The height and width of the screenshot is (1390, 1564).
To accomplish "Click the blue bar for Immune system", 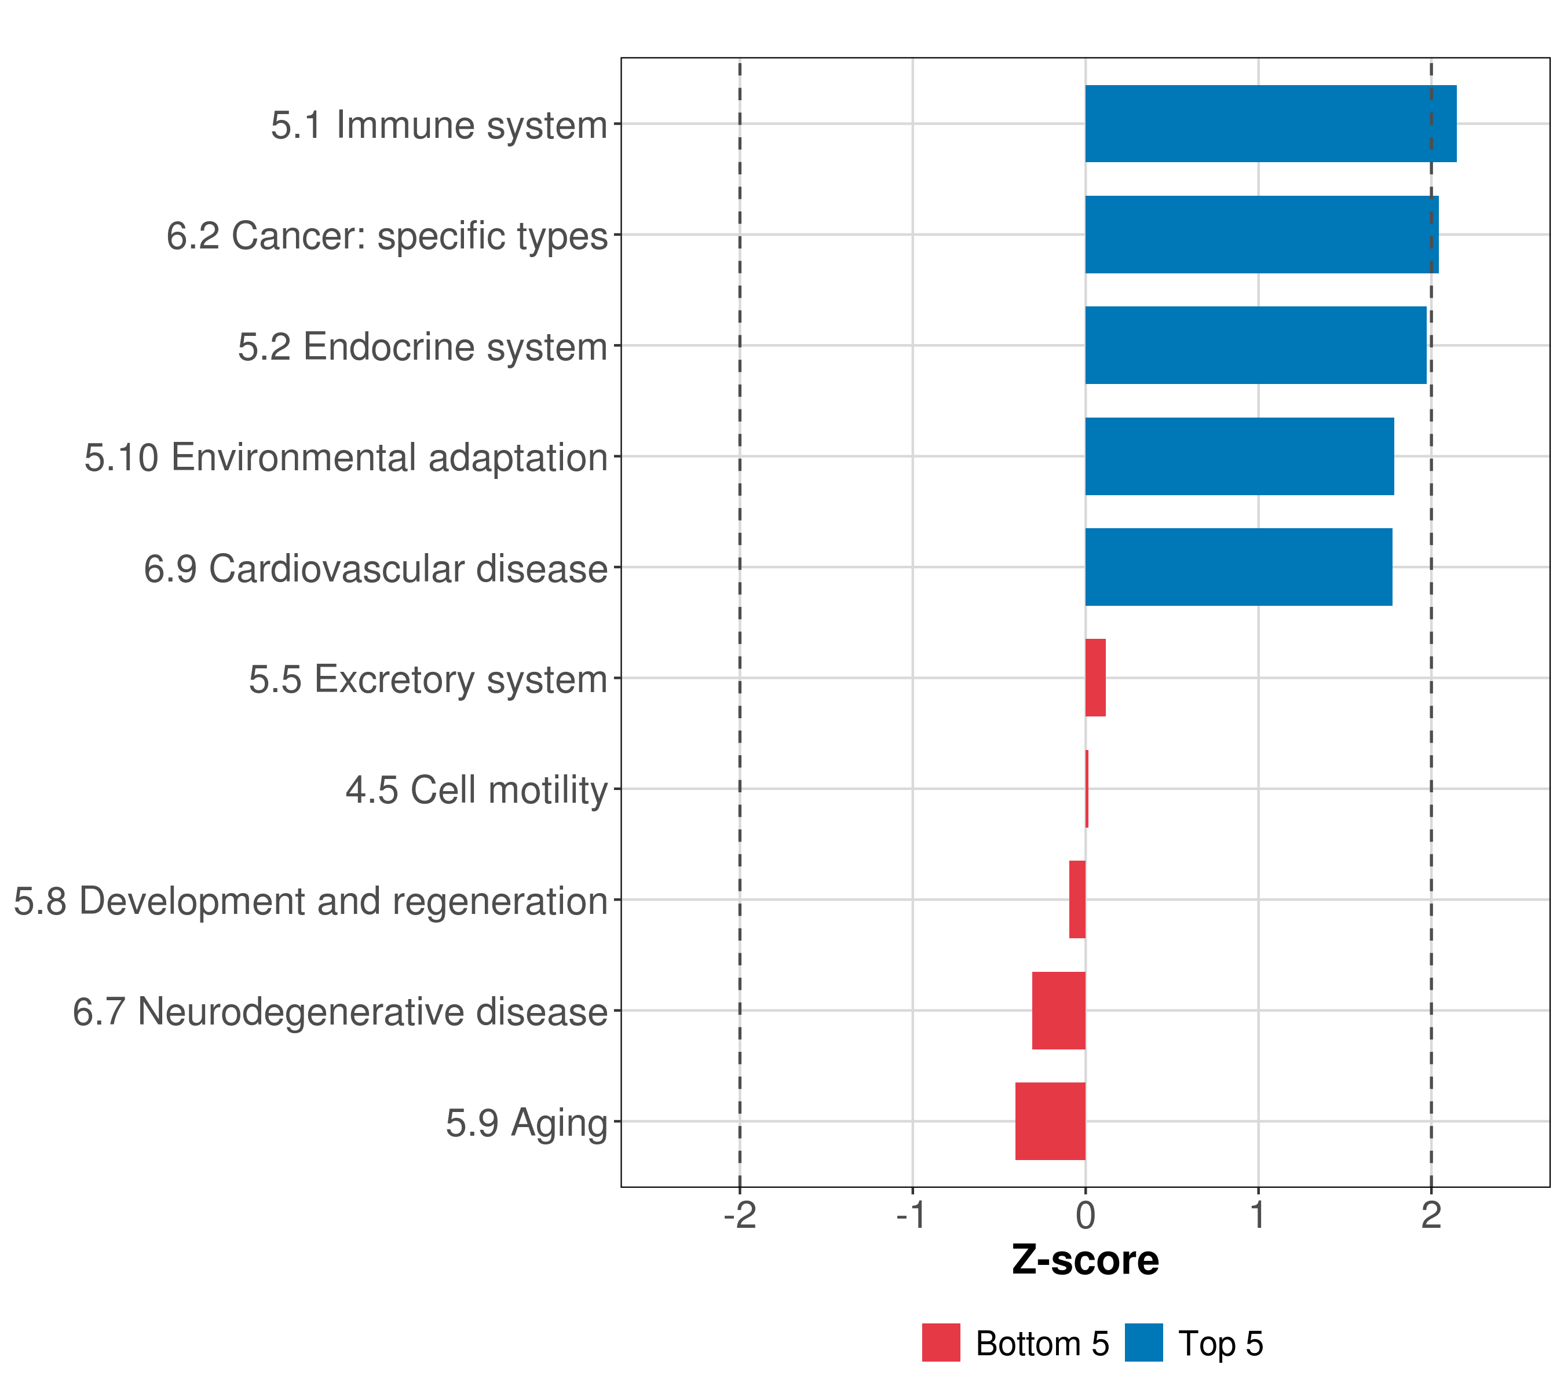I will click(x=1270, y=123).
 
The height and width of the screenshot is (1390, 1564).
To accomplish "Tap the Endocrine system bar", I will click(x=1255, y=345).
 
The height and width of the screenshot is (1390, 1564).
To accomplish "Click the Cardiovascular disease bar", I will click(x=1238, y=567).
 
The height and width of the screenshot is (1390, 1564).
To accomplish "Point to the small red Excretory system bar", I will click(x=1095, y=678).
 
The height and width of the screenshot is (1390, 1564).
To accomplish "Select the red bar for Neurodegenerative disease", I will click(x=1058, y=1011).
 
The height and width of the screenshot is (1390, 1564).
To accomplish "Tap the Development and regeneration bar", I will click(x=1077, y=899).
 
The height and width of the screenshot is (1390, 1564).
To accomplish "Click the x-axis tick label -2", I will click(x=739, y=1216).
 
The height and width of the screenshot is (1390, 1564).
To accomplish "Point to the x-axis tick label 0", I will click(x=1085, y=1216).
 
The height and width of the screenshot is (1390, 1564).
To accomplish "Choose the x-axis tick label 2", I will click(x=1431, y=1216).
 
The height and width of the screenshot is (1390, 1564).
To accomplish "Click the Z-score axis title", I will click(x=1085, y=1261).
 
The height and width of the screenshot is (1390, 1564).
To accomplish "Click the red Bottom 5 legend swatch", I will click(x=940, y=1343).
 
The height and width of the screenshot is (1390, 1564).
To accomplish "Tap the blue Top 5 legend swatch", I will click(x=1143, y=1343).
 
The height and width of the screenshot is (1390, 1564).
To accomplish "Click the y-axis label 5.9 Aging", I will click(x=527, y=1123).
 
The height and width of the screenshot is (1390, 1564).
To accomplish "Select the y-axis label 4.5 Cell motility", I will click(x=476, y=789).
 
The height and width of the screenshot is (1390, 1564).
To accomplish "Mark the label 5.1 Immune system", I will click(x=438, y=125).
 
